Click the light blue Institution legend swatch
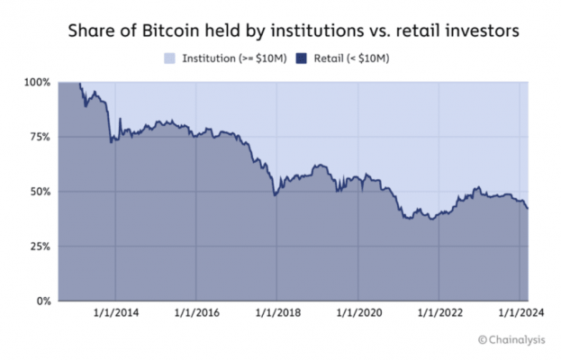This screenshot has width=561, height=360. [169, 58]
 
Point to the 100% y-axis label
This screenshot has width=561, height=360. [37, 83]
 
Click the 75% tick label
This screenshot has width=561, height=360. [40, 137]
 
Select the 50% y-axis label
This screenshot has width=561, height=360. [40, 192]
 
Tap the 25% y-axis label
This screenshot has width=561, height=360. [40, 246]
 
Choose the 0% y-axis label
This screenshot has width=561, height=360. [42, 301]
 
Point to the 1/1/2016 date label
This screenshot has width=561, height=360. [195, 314]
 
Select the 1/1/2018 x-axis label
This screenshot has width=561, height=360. [276, 314]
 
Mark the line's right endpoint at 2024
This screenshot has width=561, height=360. [528, 208]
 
